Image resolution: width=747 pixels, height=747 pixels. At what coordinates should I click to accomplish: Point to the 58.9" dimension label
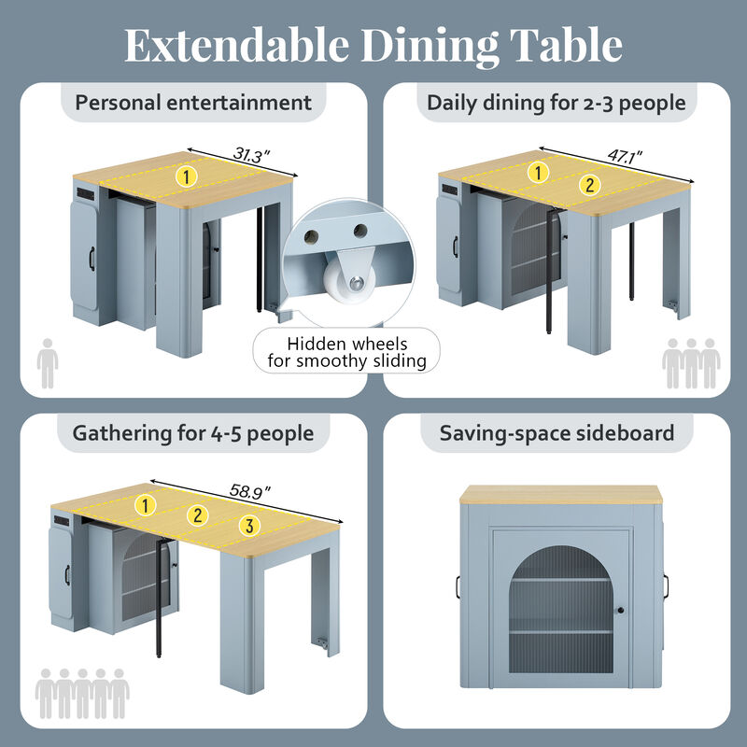tap(249, 489)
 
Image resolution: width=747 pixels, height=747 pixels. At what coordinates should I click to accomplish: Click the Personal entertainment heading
tap(193, 102)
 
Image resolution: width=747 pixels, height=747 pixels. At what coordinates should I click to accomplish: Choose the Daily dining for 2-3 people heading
tap(557, 102)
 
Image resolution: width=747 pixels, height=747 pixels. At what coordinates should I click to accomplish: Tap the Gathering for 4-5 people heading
tap(193, 433)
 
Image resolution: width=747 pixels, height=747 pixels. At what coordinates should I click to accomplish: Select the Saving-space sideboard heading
tap(557, 433)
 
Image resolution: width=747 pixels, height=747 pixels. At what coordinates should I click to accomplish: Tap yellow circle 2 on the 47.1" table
tap(587, 184)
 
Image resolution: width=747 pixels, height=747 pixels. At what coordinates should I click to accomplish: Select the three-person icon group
tap(691, 363)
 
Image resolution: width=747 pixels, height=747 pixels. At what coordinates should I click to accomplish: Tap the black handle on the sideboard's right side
tap(669, 585)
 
